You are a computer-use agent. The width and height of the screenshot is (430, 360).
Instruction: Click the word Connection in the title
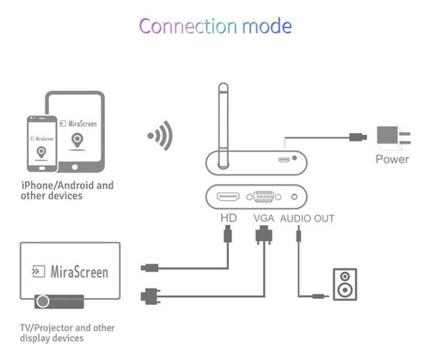pos(188,26)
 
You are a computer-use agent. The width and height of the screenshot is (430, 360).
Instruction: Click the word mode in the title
pos(267,26)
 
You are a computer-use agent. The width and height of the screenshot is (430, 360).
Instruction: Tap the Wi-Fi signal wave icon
pos(162,136)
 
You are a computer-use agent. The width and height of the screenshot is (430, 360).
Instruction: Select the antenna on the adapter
pos(223,125)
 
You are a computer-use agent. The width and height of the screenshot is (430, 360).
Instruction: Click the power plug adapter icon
pos(394,138)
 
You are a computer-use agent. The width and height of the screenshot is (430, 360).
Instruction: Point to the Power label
pos(392,159)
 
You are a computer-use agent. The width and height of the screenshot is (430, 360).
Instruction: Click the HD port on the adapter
pos(228,197)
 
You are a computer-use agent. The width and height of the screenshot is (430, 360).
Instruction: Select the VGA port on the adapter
pos(264,197)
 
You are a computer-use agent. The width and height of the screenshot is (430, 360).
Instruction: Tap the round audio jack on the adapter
pos(294,197)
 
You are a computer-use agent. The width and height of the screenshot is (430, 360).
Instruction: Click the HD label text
pos(229,218)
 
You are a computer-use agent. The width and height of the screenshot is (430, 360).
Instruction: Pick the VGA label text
pos(264,218)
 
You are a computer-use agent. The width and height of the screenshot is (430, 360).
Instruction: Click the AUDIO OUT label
pos(307,218)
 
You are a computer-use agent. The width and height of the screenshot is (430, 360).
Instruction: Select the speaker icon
pos(345,284)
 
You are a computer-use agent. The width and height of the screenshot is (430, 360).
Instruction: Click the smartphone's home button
pos(42,168)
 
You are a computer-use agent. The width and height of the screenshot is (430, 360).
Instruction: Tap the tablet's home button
pos(75,167)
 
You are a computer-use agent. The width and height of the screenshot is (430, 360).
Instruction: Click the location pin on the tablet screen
pos(77,141)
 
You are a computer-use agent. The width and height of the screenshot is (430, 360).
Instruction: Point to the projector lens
pos(43,302)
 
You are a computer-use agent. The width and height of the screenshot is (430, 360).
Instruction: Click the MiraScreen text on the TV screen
pos(79,272)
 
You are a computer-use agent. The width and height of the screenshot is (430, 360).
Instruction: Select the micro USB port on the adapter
pos(284,160)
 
